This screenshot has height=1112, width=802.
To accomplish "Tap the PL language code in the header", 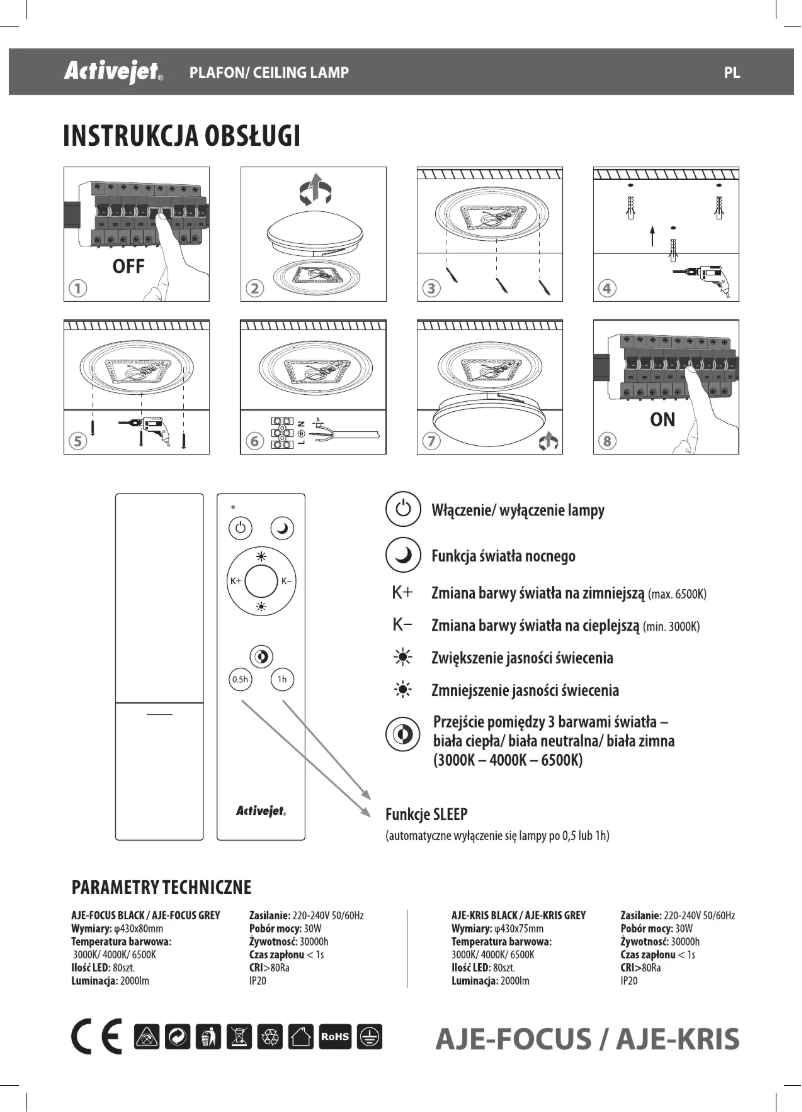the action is pyautogui.click(x=732, y=73).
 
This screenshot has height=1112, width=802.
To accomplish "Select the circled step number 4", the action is pyautogui.click(x=607, y=289).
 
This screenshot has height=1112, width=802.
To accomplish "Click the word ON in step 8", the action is pyautogui.click(x=662, y=420).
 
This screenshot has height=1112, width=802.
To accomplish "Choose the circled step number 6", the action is pyautogui.click(x=255, y=442).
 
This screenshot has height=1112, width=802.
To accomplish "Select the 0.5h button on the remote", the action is pyautogui.click(x=240, y=680).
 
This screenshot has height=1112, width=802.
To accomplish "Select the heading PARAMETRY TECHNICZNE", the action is pyautogui.click(x=161, y=888).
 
